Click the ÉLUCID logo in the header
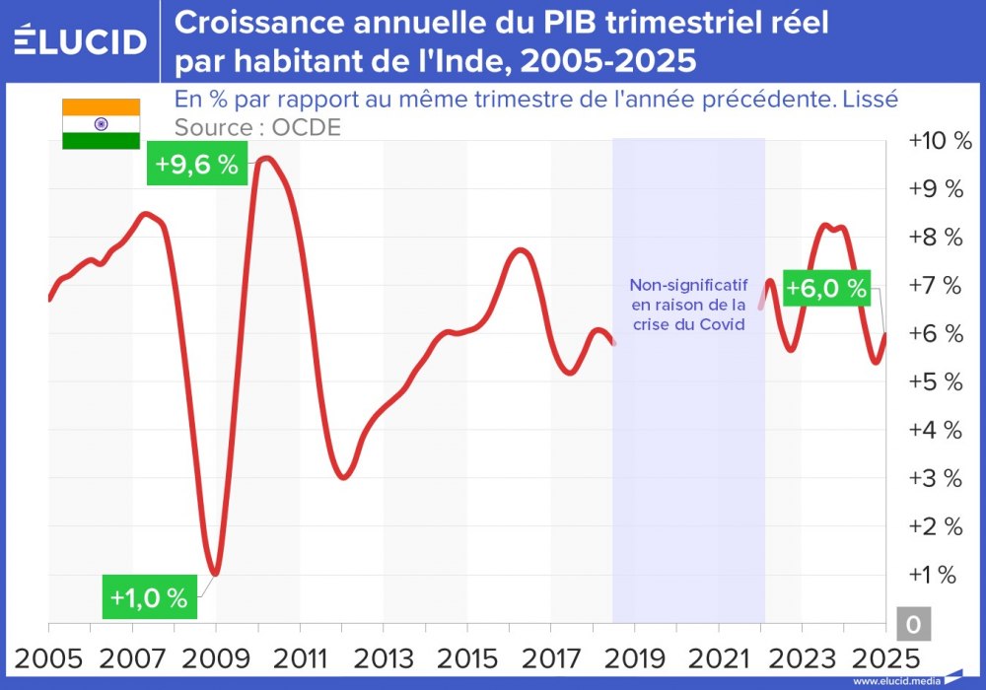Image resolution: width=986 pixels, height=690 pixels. pyautogui.click(x=80, y=40)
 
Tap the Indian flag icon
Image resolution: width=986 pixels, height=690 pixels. pyautogui.click(x=101, y=124)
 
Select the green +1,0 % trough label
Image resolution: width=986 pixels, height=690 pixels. pyautogui.click(x=149, y=597)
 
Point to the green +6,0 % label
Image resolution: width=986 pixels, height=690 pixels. pyautogui.click(x=826, y=289)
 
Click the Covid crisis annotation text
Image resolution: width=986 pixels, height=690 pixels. pyautogui.click(x=688, y=305)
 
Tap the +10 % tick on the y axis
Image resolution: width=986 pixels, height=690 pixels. pyautogui.click(x=940, y=141)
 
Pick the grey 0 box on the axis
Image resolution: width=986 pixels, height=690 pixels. pyautogui.click(x=913, y=624)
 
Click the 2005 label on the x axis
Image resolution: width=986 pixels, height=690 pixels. pyautogui.click(x=48, y=657)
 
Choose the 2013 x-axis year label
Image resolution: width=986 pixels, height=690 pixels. pyautogui.click(x=384, y=657)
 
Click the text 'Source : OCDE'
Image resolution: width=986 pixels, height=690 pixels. pyautogui.click(x=257, y=128)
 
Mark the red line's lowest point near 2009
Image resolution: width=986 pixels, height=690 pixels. pyautogui.click(x=215, y=574)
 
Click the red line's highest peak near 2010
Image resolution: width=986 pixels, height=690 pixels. pyautogui.click(x=264, y=158)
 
